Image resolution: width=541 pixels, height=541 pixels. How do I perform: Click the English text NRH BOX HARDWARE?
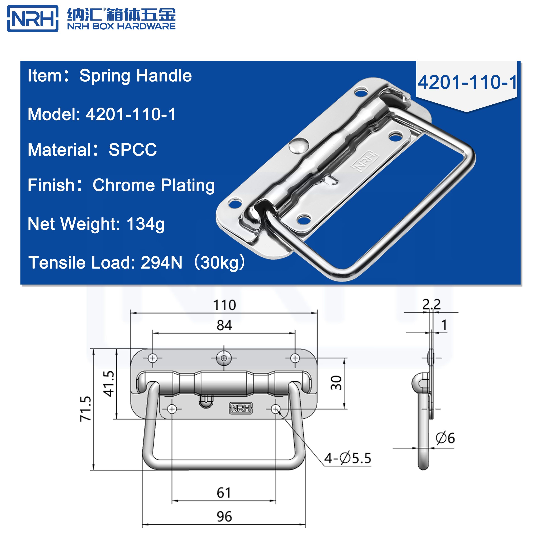(x=121, y=26)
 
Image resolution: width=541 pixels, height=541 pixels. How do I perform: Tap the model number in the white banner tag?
(x=467, y=83)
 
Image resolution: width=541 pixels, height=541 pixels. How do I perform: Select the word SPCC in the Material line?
(x=133, y=150)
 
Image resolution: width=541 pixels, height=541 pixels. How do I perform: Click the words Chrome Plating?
(x=154, y=185)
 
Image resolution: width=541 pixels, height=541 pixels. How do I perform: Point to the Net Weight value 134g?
(x=146, y=224)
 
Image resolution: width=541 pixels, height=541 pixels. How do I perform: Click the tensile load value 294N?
(x=161, y=263)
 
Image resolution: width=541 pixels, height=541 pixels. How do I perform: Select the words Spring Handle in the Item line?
(x=135, y=76)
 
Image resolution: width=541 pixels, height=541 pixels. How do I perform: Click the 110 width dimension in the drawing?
(x=224, y=305)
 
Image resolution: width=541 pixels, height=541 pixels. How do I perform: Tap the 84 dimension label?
(x=224, y=325)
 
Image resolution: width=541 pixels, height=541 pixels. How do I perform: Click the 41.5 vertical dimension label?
(x=109, y=384)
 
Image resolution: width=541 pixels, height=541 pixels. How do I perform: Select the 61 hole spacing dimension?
(x=224, y=493)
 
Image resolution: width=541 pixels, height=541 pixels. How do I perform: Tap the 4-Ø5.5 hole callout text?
(x=347, y=458)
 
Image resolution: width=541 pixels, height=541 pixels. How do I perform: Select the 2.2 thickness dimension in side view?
(x=431, y=304)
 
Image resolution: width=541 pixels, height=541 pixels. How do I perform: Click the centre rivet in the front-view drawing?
(x=224, y=358)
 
